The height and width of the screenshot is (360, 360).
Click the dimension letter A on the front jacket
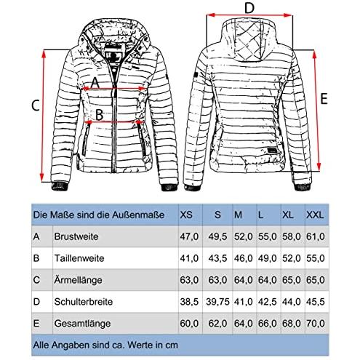tap(95, 82)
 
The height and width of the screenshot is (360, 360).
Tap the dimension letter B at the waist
tap(100, 114)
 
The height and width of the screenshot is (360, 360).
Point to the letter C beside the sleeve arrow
tap(36, 105)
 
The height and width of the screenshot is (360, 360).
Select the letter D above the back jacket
tap(249, 8)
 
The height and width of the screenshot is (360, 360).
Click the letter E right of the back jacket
tap(324, 99)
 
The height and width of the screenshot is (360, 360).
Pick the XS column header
tap(186, 215)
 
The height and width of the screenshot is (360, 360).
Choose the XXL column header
tap(315, 215)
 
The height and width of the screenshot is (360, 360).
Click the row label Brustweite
tap(76, 236)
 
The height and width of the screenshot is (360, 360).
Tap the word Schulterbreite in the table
tap(84, 302)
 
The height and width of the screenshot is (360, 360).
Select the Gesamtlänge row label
tap(82, 324)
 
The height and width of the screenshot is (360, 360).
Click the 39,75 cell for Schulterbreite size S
tap(217, 302)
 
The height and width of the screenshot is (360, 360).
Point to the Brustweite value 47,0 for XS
tap(189, 236)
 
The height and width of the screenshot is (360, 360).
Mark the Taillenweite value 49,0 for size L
tap(267, 258)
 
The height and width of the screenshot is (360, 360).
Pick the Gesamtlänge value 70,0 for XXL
tap(315, 324)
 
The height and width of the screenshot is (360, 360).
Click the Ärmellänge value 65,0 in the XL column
tap(291, 280)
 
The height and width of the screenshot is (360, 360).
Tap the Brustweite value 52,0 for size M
tap(243, 236)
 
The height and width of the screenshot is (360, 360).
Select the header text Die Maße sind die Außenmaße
tap(99, 215)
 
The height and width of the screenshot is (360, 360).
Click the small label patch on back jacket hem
tap(273, 151)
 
